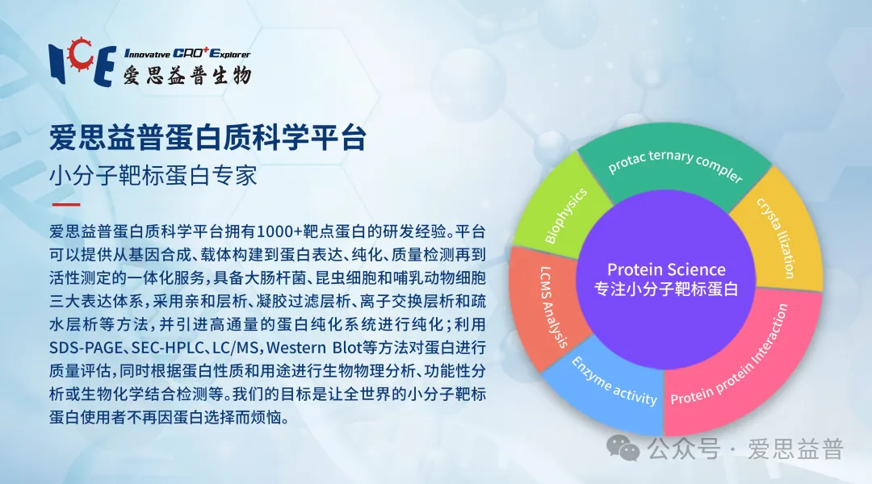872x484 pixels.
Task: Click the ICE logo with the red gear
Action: click(82, 61)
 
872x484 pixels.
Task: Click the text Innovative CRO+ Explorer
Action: click(187, 53)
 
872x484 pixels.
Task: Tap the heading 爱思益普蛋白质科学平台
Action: click(208, 138)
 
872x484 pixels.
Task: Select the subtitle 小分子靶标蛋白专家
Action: click(153, 176)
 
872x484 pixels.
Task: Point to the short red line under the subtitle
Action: click(65, 205)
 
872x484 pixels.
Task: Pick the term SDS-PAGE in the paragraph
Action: click(86, 348)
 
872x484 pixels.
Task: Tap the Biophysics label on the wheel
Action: click(565, 215)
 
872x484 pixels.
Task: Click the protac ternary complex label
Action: click(675, 165)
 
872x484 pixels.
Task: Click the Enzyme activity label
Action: click(614, 382)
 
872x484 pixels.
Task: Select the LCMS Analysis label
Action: click(554, 307)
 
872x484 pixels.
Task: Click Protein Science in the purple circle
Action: click(666, 269)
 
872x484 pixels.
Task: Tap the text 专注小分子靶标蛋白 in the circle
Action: click(666, 290)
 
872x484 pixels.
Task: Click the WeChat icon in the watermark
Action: click(623, 448)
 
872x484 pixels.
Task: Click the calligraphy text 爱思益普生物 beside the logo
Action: click(187, 74)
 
